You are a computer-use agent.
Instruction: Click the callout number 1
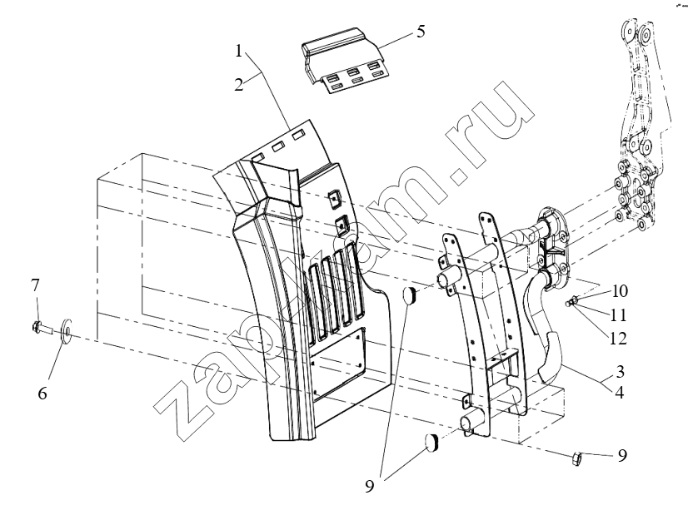coord(238,52)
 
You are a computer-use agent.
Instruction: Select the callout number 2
coord(238,84)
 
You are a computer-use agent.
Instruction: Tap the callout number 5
coord(421,32)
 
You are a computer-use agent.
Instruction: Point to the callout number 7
coord(35,285)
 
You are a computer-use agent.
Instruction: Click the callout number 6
coord(42,394)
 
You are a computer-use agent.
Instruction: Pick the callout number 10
coord(619,291)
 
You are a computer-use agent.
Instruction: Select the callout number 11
coord(618,315)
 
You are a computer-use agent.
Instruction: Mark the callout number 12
coord(618,339)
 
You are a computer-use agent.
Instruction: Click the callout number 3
coord(619,371)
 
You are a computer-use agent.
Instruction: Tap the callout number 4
coord(619,393)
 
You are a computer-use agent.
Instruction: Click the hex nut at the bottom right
coord(577,458)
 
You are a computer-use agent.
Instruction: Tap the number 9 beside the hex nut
coord(622,455)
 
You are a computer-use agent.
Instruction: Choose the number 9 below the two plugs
coord(370,486)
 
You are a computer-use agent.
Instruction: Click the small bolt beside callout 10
coord(571,302)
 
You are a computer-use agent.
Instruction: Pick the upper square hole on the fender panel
coord(335,198)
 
